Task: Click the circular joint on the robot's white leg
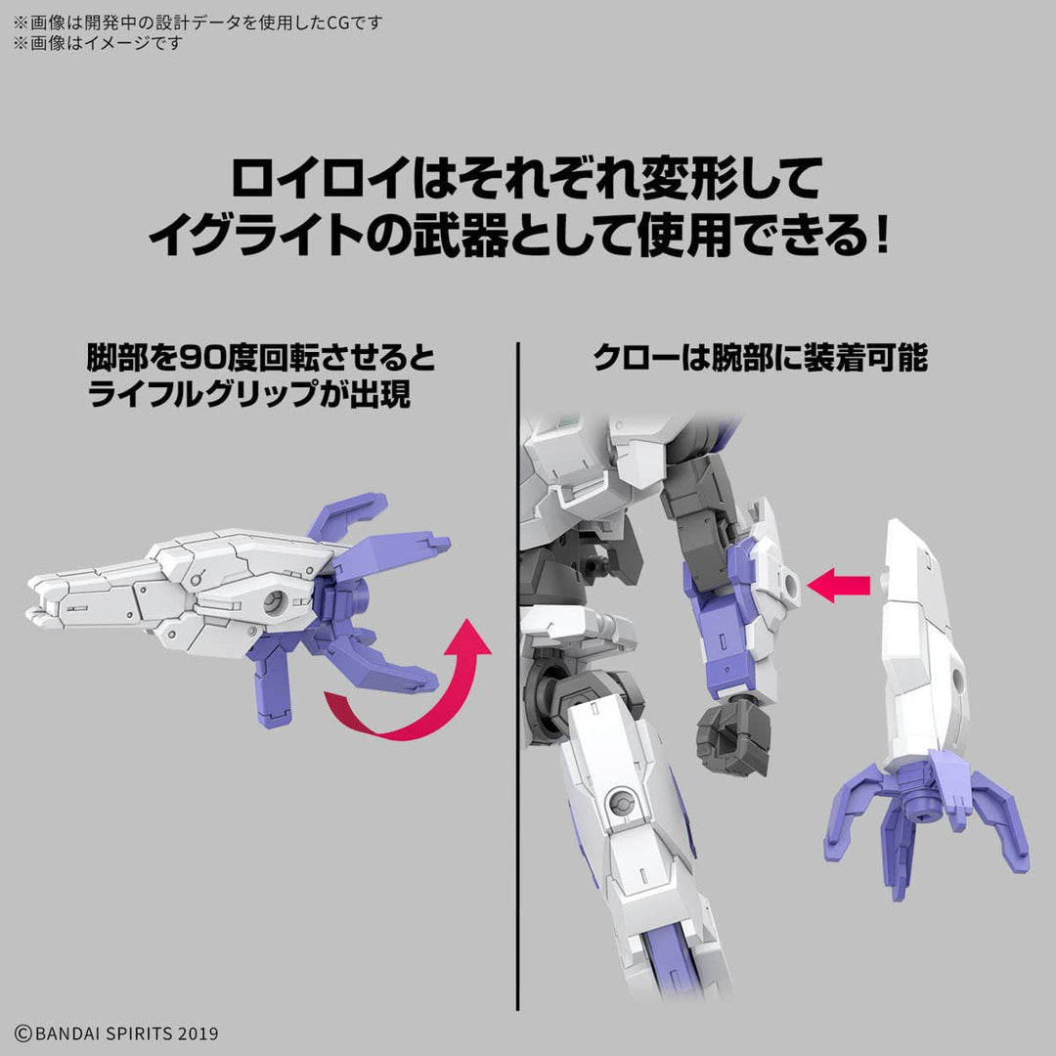619,803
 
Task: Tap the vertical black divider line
517,684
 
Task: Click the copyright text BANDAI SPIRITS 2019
117,1033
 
